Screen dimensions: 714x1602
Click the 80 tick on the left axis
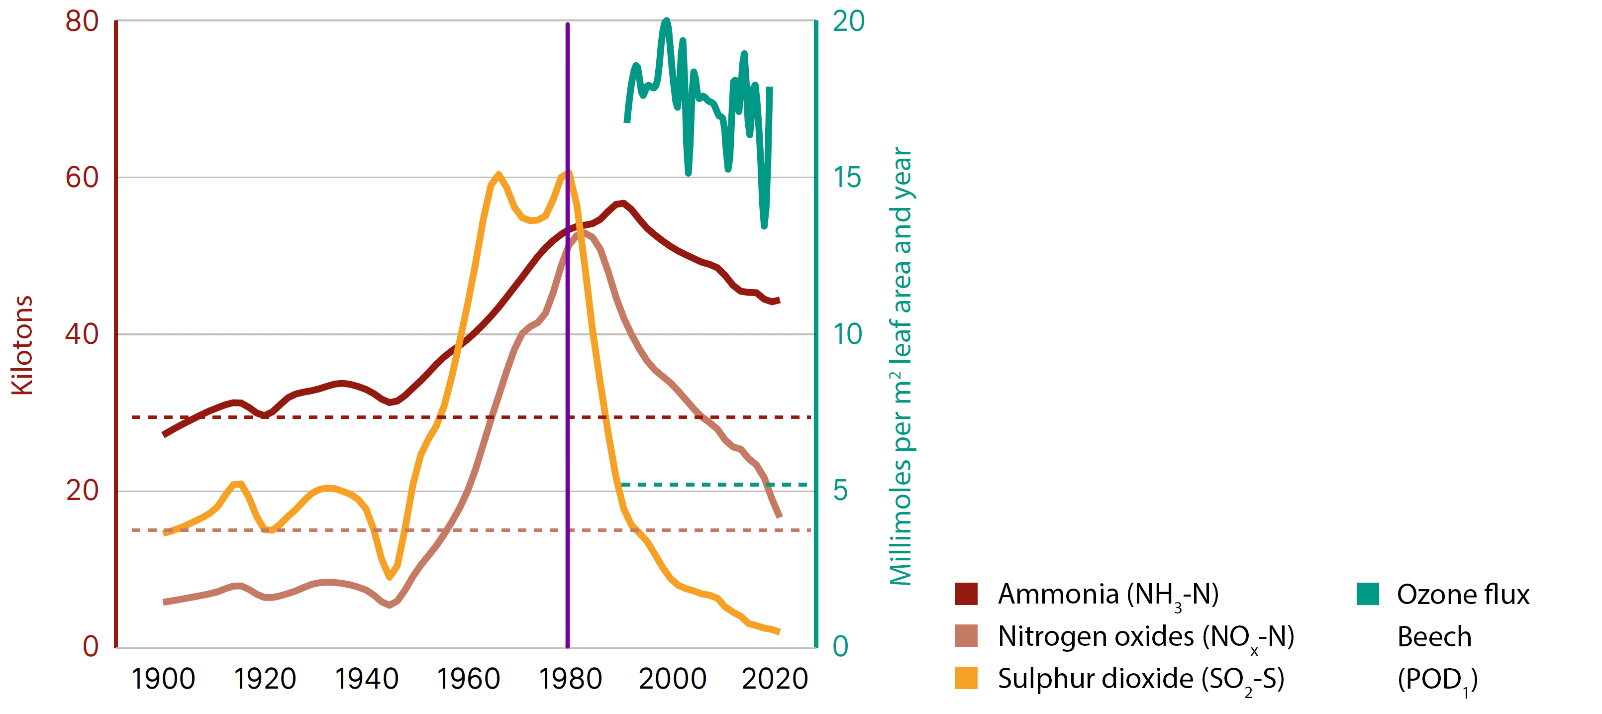[x=82, y=22]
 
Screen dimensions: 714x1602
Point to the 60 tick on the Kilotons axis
[x=82, y=178]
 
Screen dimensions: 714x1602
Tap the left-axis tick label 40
[x=82, y=334]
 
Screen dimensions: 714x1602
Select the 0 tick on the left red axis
[x=90, y=647]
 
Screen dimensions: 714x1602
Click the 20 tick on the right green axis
[x=848, y=22]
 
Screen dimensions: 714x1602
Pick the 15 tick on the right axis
[x=847, y=178]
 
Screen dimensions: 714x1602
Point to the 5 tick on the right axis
[x=840, y=491]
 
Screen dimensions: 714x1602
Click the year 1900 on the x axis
[x=163, y=679]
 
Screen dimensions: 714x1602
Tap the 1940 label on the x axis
[x=366, y=679]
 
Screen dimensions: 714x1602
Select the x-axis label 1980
[x=570, y=679]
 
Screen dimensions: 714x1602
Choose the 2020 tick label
[x=774, y=679]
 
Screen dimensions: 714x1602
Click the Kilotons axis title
[x=22, y=345]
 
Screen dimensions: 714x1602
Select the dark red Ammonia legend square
[x=966, y=594]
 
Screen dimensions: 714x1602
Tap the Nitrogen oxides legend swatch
[x=966, y=636]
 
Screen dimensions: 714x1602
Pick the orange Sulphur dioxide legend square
[x=966, y=678]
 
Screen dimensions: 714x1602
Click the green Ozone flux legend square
[x=1368, y=594]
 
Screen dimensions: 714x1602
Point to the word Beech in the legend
[x=1434, y=637]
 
